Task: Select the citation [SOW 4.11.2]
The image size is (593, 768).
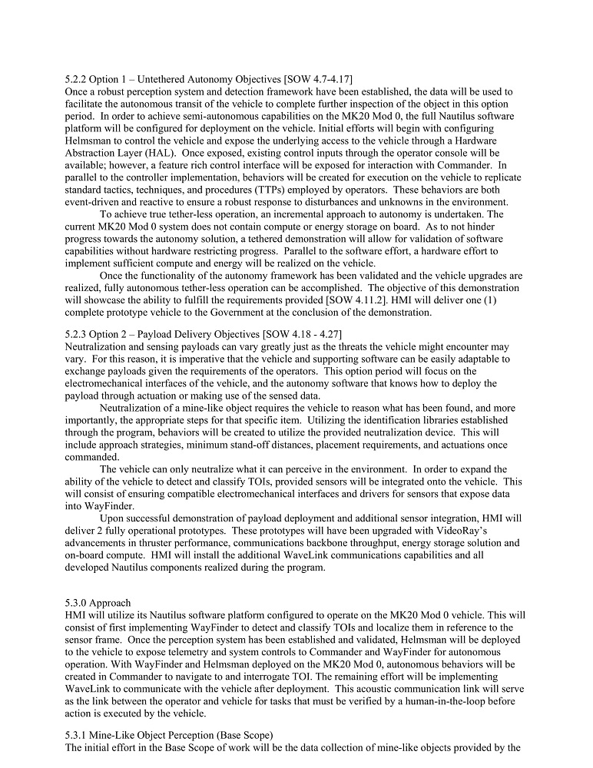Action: (346, 300)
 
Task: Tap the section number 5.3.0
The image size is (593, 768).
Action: (76, 604)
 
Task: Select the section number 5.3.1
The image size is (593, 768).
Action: (76, 735)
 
